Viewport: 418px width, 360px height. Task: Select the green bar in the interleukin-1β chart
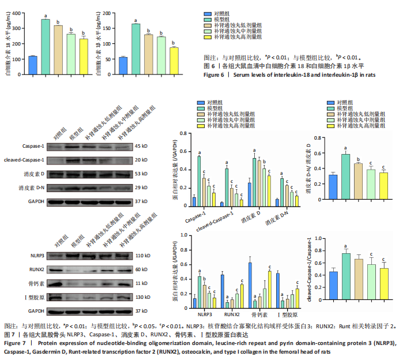tap(135, 50)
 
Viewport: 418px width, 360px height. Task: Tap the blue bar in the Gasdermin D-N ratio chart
tap(333, 190)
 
